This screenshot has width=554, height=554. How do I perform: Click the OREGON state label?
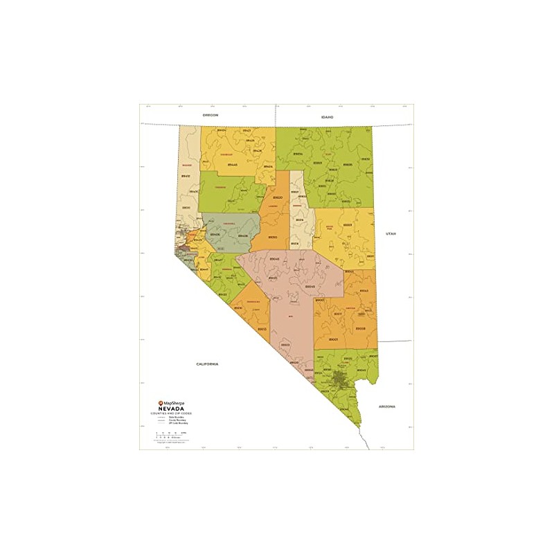(x=211, y=115)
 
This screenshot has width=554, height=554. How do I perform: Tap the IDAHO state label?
(x=327, y=117)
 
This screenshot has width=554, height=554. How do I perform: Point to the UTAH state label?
(x=389, y=235)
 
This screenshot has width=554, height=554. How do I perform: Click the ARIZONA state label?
(x=386, y=408)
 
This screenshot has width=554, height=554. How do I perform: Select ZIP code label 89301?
(x=348, y=224)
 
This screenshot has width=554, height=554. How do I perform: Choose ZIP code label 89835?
(x=348, y=164)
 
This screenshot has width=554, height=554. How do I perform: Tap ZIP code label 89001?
(x=334, y=339)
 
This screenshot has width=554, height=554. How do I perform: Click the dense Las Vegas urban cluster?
(x=339, y=379)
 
